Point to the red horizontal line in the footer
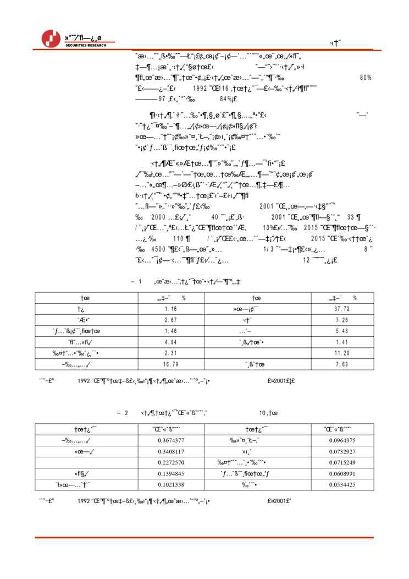pos(204,537)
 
